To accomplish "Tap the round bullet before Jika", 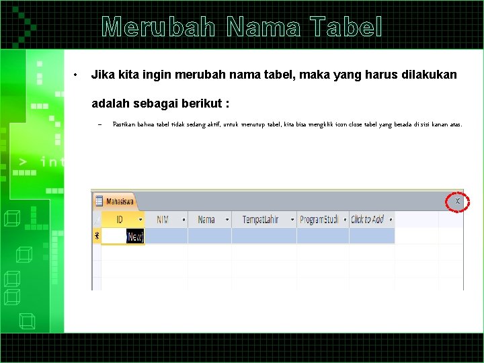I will pos(78,75).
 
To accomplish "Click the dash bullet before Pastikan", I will pos(98,124).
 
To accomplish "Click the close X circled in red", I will pos(458,201).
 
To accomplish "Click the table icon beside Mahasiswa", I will pos(98,201).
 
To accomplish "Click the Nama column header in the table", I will pos(206,219).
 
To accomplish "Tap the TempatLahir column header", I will pos(260,219).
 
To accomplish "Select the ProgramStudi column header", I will pos(320,219).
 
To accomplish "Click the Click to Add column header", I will pos(367,219).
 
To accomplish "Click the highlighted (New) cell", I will pos(134,237).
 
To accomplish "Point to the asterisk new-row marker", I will pos(96,236).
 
